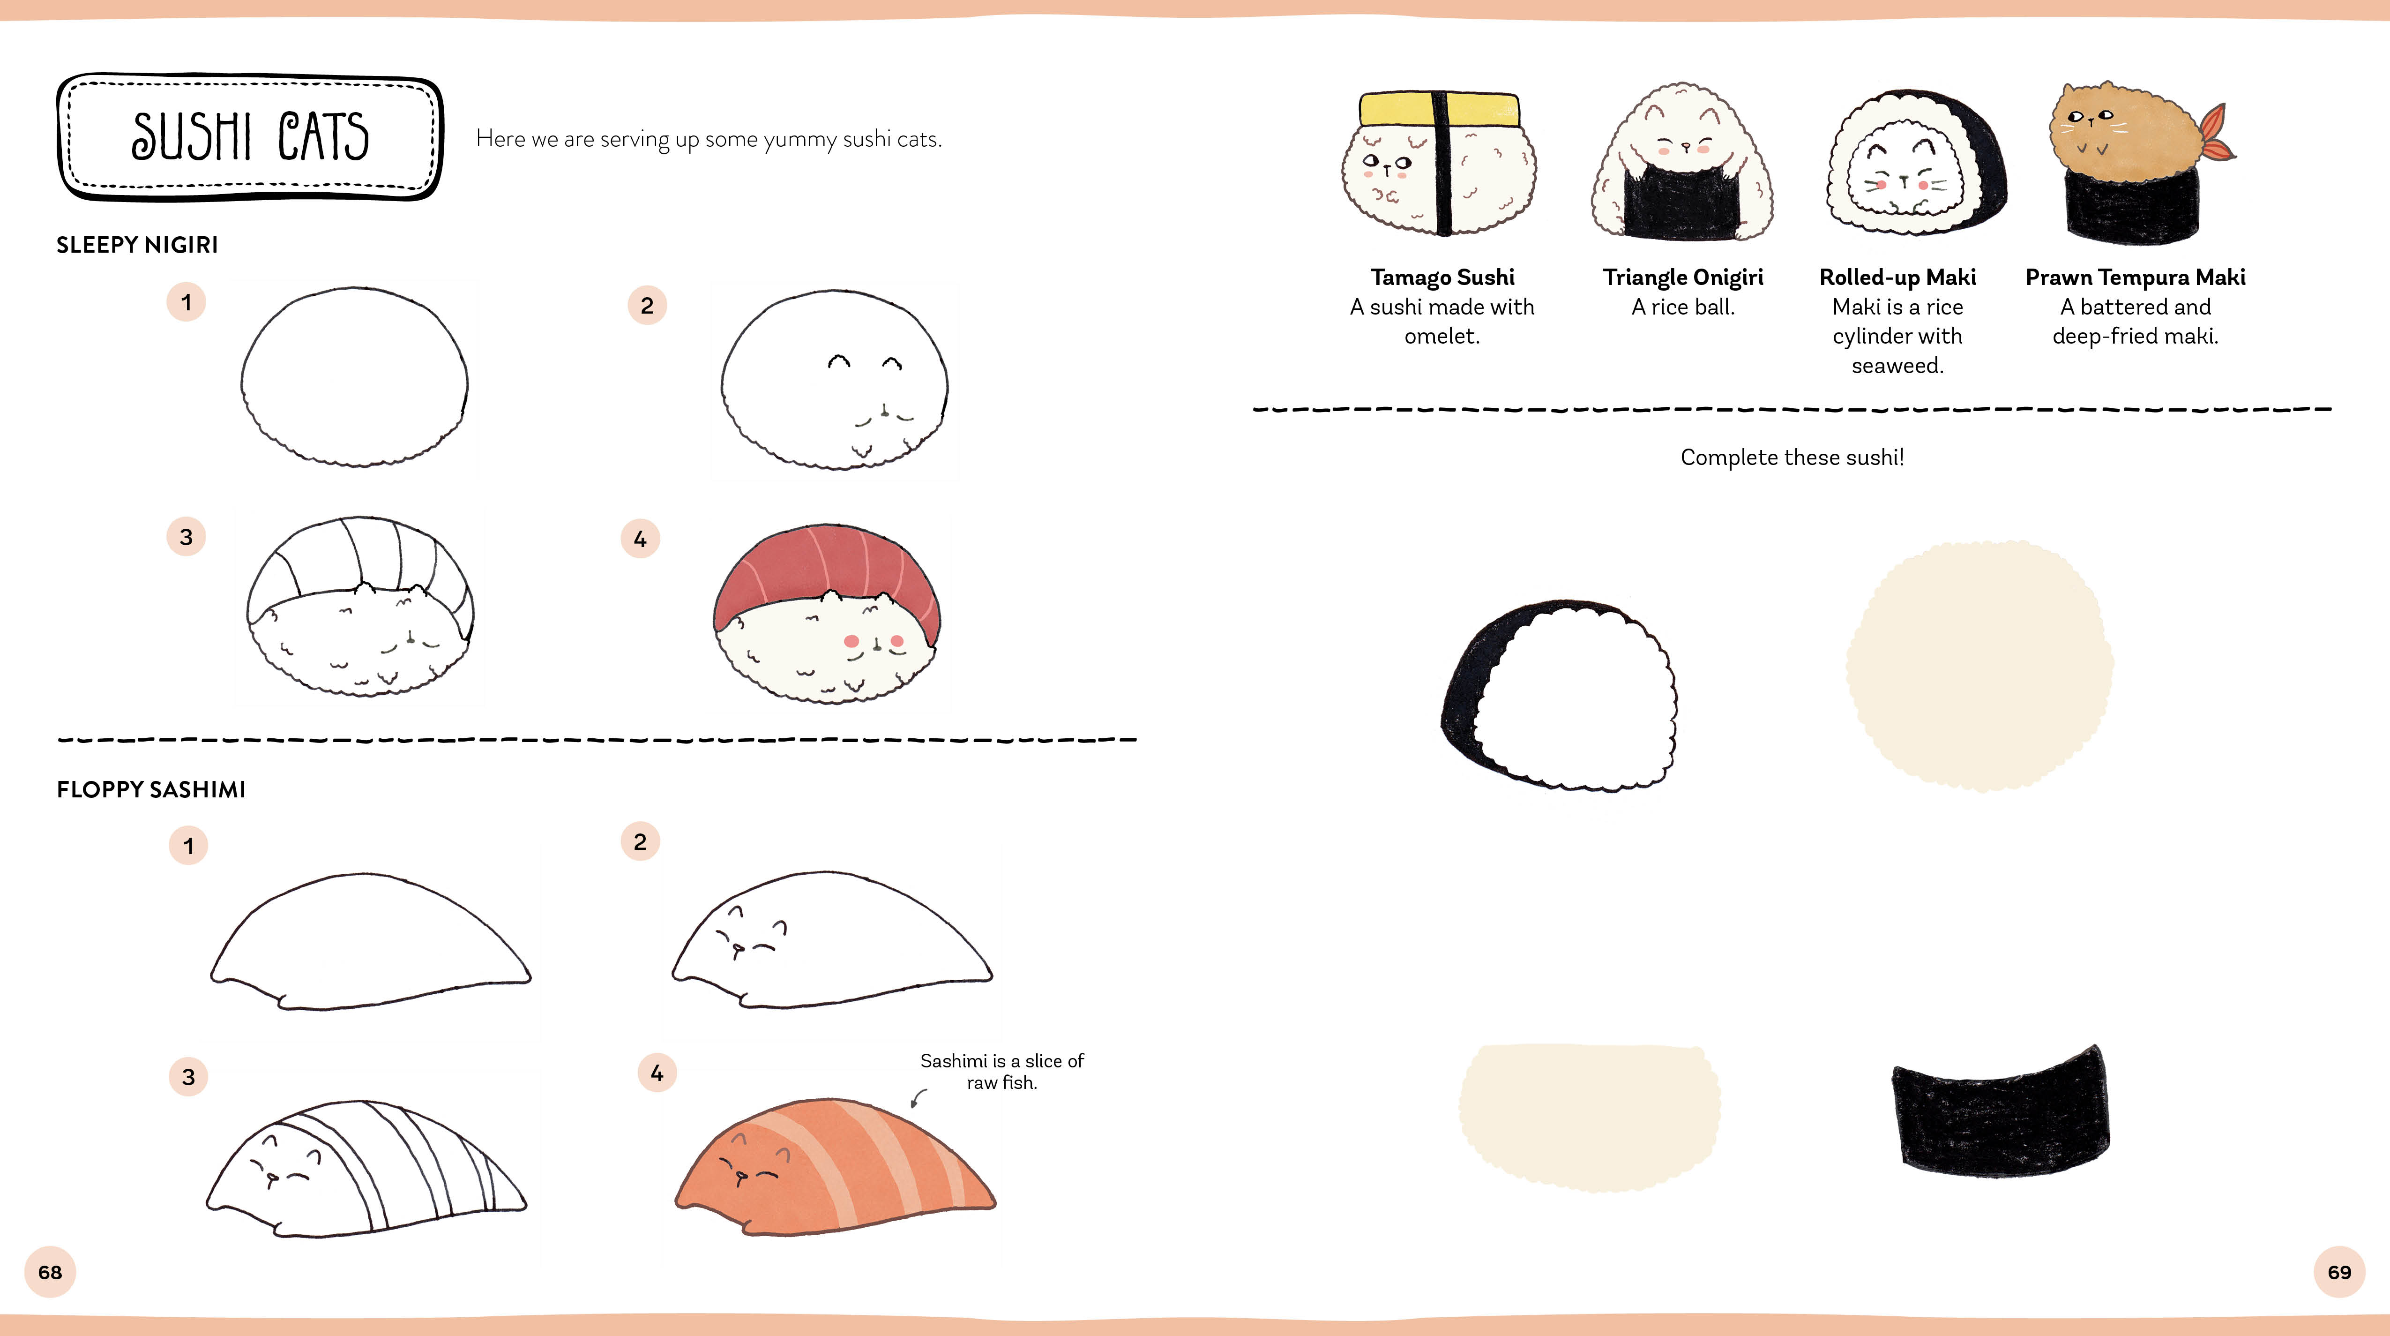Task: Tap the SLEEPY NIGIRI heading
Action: tap(137, 245)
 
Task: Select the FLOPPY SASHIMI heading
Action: tap(151, 789)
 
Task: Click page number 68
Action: tap(50, 1272)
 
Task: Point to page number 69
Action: tap(2339, 1272)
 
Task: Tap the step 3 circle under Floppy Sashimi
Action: tap(188, 1076)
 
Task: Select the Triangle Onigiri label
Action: tap(1683, 278)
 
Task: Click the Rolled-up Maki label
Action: tap(1897, 278)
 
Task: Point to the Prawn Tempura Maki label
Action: tap(2135, 278)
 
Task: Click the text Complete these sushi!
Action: tap(1792, 458)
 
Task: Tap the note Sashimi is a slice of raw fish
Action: tap(1002, 1072)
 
